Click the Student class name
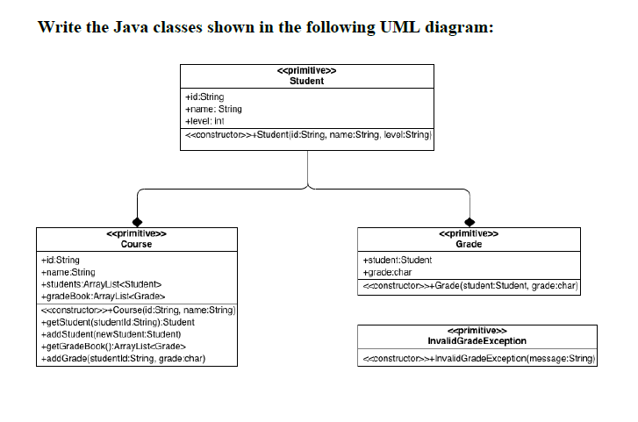(x=306, y=81)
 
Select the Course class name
(x=136, y=244)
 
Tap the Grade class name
(x=469, y=244)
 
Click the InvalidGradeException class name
(x=477, y=340)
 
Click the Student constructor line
(x=307, y=136)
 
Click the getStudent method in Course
(x=118, y=322)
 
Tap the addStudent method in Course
(x=111, y=334)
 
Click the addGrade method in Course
(x=123, y=359)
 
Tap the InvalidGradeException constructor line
(x=477, y=358)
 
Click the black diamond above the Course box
(x=137, y=221)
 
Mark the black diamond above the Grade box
(x=470, y=221)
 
